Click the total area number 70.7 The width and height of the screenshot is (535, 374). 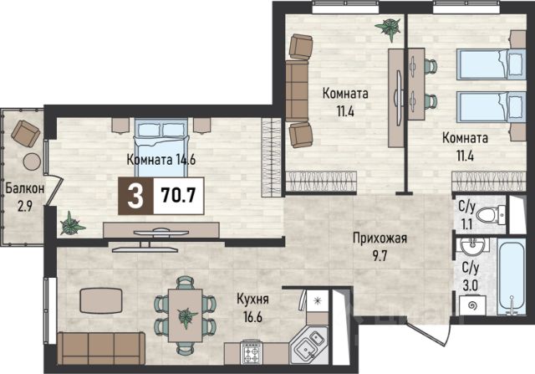(178, 196)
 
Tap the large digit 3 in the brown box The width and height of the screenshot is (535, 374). (135, 197)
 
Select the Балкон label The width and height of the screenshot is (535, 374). (25, 188)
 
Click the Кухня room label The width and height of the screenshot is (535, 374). (252, 300)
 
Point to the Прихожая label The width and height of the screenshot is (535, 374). (380, 238)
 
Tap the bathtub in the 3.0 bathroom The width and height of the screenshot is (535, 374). (512, 277)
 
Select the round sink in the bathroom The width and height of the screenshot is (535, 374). (472, 245)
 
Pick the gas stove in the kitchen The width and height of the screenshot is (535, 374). (251, 352)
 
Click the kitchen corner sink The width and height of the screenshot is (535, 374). (309, 344)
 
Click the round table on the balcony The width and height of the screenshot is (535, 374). (33, 161)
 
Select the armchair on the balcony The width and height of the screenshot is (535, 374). (26, 133)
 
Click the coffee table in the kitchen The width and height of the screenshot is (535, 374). (101, 301)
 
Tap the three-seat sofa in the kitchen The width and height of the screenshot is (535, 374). (101, 348)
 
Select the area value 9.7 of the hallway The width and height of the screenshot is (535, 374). (380, 256)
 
